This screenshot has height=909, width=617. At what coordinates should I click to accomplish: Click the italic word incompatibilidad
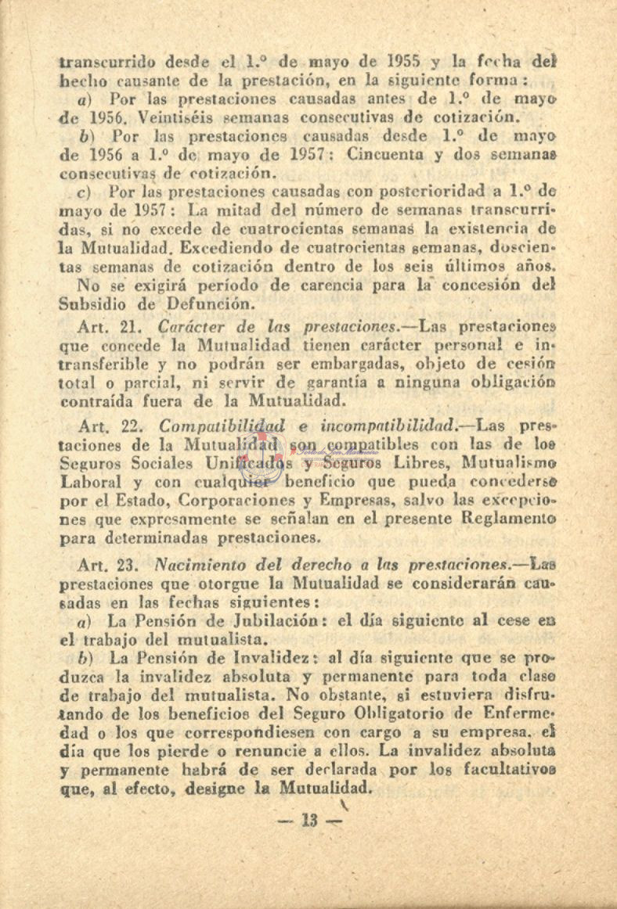[x=371, y=426]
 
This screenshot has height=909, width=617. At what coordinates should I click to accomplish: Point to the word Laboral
[x=88, y=482]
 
